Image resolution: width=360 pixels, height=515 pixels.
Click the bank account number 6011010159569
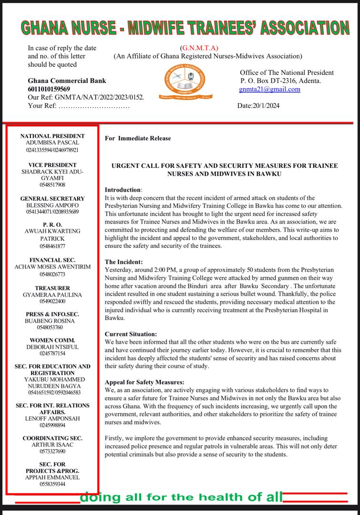click(49, 89)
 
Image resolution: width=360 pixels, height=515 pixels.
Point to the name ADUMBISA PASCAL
click(52, 143)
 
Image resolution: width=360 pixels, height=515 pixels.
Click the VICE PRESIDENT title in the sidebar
click(52, 165)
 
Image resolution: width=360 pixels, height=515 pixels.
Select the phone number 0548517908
click(52, 185)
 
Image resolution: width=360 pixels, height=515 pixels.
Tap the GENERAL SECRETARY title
click(52, 198)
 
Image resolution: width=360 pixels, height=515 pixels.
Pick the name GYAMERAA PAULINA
click(52, 295)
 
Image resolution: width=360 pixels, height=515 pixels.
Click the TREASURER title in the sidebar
click(52, 288)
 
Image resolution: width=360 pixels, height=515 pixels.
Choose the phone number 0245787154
click(52, 353)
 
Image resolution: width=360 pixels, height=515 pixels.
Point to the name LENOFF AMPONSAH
click(52, 418)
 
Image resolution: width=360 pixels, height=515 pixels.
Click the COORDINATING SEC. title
click(52, 438)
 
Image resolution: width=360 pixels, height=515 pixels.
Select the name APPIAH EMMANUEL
click(52, 477)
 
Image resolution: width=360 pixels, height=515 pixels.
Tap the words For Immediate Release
click(138, 138)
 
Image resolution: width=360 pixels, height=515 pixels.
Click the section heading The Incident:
click(123, 262)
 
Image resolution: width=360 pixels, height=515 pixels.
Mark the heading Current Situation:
click(131, 334)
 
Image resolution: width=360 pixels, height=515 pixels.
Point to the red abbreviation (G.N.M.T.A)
click(199, 48)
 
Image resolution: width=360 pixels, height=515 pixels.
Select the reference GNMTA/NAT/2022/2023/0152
click(100, 97)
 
